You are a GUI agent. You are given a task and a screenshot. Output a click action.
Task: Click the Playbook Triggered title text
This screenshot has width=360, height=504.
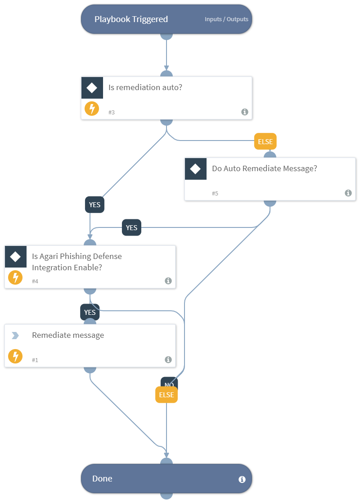coord(131,19)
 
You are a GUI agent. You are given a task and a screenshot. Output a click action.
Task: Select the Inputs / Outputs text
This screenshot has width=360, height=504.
coord(226,19)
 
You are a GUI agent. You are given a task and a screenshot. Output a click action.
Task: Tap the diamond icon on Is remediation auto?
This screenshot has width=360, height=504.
coord(92,88)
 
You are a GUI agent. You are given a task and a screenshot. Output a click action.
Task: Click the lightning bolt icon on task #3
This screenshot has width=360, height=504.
coord(92,109)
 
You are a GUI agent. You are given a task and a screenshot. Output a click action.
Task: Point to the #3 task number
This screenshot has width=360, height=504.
coord(112,112)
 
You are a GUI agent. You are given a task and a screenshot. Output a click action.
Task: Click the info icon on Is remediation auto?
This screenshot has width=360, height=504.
coord(244,112)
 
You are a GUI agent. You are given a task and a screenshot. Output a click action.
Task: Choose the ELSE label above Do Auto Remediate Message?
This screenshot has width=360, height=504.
coord(265,141)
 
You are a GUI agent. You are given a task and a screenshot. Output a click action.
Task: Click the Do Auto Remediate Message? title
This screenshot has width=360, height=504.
coord(265,168)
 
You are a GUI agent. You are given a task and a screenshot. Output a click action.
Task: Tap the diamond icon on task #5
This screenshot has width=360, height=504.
coord(196,169)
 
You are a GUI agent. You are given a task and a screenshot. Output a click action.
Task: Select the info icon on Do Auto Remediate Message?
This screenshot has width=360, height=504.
coord(348,193)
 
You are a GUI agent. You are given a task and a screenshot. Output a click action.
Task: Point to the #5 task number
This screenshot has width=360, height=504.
coord(215,193)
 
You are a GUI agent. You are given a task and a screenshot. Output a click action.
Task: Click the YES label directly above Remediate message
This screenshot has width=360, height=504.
coord(90,312)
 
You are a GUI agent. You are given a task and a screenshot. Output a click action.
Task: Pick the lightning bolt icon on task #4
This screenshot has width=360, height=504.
coord(16,277)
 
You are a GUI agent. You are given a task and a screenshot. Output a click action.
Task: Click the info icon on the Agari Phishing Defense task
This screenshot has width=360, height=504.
coord(168,281)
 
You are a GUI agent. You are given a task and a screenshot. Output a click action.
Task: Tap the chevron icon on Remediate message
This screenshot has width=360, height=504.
coord(15,336)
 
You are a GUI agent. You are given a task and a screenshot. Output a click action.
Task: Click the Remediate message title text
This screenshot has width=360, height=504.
coord(68,335)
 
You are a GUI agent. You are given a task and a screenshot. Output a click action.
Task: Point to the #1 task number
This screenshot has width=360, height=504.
coord(35,360)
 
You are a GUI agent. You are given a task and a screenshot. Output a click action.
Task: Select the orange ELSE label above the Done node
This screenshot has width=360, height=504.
coord(166,395)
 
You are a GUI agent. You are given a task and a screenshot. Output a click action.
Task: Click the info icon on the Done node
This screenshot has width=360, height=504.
coord(242,479)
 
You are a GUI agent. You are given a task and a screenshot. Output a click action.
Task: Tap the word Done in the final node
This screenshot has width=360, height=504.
coord(102,478)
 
